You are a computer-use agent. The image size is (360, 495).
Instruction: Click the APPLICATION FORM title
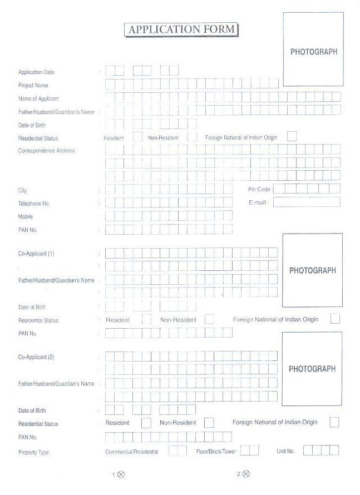[181, 29]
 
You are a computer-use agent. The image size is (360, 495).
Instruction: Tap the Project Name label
[33, 86]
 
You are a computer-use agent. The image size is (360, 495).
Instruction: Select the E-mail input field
[306, 202]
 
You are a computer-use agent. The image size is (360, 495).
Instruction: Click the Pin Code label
[259, 190]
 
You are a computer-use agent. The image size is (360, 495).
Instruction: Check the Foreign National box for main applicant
[292, 136]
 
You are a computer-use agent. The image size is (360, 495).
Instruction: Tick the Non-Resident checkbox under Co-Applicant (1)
[210, 319]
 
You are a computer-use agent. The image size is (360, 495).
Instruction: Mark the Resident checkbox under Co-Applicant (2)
[146, 423]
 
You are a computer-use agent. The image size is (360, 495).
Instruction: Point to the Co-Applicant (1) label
[36, 254]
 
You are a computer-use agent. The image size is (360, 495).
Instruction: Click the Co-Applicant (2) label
[36, 357]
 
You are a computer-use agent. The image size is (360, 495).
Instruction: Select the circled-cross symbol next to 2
[246, 474]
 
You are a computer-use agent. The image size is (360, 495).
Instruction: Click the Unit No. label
[285, 451]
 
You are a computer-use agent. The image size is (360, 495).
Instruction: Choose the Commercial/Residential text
[132, 452]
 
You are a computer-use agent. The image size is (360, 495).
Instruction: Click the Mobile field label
[26, 216]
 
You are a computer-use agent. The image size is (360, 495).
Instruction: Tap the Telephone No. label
[34, 204]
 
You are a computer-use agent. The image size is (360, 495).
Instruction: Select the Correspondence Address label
[46, 151]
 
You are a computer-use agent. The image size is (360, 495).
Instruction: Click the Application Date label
[36, 72]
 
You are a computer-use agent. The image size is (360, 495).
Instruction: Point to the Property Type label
[33, 452]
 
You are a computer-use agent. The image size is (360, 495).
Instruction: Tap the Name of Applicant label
[38, 98]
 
